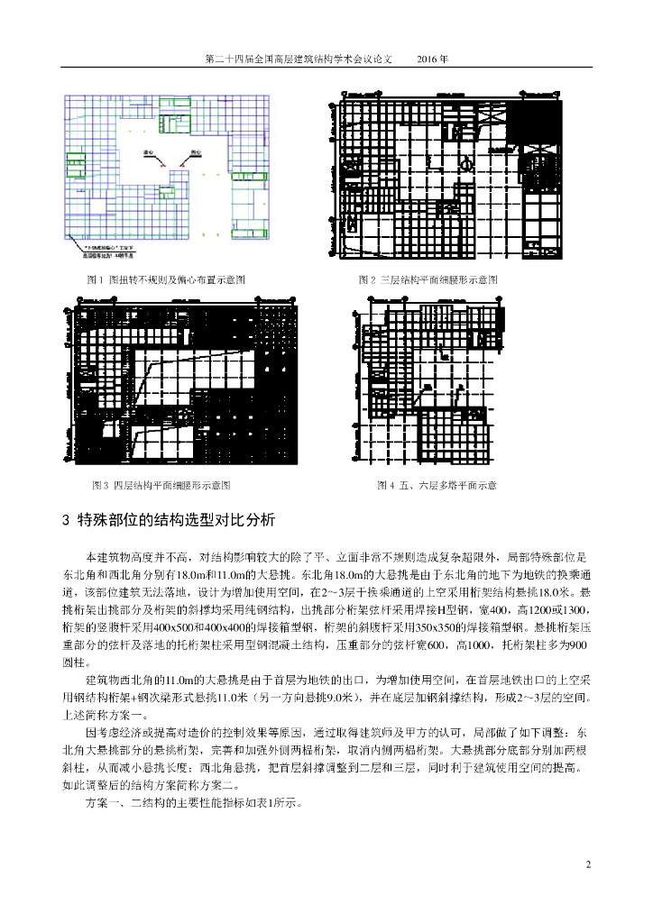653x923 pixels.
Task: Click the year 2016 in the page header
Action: [432, 58]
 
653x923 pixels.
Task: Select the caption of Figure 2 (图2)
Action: [428, 280]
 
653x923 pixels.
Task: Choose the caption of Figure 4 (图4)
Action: [437, 485]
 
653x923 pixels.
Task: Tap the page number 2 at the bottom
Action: [588, 866]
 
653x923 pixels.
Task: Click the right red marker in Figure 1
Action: [184, 165]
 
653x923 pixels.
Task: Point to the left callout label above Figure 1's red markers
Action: [149, 153]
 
